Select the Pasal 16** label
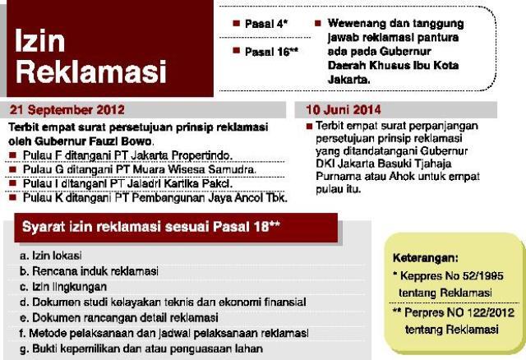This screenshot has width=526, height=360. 270,51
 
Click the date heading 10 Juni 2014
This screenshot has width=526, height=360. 344,109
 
